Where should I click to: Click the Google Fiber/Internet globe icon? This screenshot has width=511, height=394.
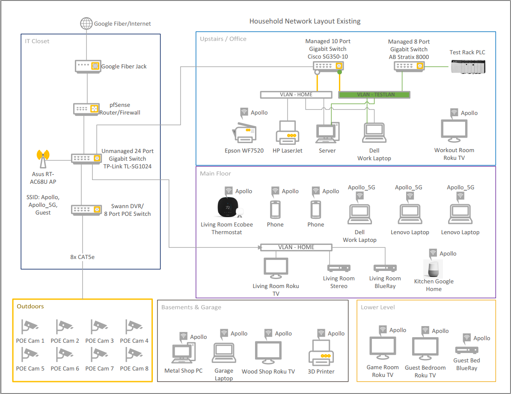[87, 24]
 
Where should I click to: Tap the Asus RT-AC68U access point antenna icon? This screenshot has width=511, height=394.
[43, 159]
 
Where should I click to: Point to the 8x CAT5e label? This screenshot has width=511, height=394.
[82, 257]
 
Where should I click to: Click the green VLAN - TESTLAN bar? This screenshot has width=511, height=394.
[374, 95]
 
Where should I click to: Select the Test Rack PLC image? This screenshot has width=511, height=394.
[468, 67]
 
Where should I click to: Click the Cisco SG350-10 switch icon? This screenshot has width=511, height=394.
[328, 66]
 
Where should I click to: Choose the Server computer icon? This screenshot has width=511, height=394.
[327, 133]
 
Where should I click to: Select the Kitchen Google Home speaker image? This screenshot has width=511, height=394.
[433, 268]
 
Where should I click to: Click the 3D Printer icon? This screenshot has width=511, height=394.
[321, 353]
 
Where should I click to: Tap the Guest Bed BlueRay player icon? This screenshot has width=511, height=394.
[466, 350]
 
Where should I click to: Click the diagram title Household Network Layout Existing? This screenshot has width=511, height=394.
[305, 21]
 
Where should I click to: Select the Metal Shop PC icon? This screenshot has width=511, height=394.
[184, 354]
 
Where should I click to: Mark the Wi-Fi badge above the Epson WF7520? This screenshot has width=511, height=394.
[244, 112]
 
